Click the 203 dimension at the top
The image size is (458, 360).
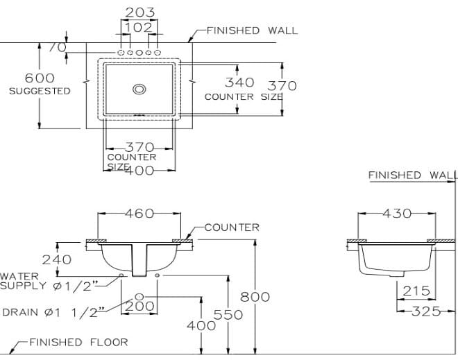[x=139, y=12]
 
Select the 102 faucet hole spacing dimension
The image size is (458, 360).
[x=139, y=27]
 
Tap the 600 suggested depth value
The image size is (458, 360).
[x=40, y=78]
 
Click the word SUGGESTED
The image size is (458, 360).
[x=40, y=91]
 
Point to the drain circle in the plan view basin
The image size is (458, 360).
[x=139, y=89]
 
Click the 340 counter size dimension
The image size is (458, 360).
[x=239, y=83]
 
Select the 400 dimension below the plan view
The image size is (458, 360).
[x=141, y=171]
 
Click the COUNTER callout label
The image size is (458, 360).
[x=232, y=227]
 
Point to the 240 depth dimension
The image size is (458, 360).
[x=57, y=259]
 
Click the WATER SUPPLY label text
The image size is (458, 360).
[x=49, y=281]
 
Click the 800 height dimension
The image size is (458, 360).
[x=255, y=297]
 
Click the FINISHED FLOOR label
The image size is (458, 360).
[x=78, y=342]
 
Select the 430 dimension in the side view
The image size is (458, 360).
[x=397, y=214]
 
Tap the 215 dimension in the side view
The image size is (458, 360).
[x=416, y=291]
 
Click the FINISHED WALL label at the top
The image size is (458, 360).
[x=253, y=31]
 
